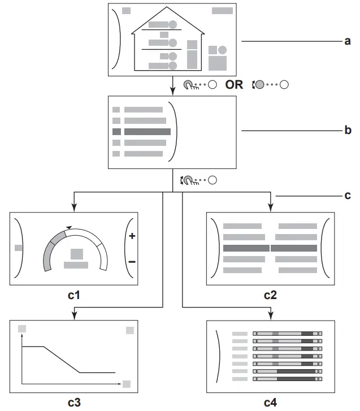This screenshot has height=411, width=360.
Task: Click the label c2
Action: pos(271,295)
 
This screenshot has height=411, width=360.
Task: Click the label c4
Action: pos(271,403)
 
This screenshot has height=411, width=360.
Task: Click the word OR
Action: pos(235,85)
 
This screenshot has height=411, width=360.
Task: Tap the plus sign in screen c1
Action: pos(132,236)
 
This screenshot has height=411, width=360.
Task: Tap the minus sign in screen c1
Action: pos(132,262)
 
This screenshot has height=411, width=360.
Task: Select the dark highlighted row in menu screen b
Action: pos(147,131)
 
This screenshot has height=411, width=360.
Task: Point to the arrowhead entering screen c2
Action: pos(271,209)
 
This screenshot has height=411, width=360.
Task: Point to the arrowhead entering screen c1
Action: pos(74,209)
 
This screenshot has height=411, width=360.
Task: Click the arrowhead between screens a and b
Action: pos(172,92)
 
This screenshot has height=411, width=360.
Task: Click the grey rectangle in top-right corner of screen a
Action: pos(222,11)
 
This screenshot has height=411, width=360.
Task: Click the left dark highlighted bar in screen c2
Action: pos(246,248)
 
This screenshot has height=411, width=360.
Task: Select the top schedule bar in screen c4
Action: pos(287,334)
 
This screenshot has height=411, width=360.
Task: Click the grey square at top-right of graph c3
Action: pos(130,330)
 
